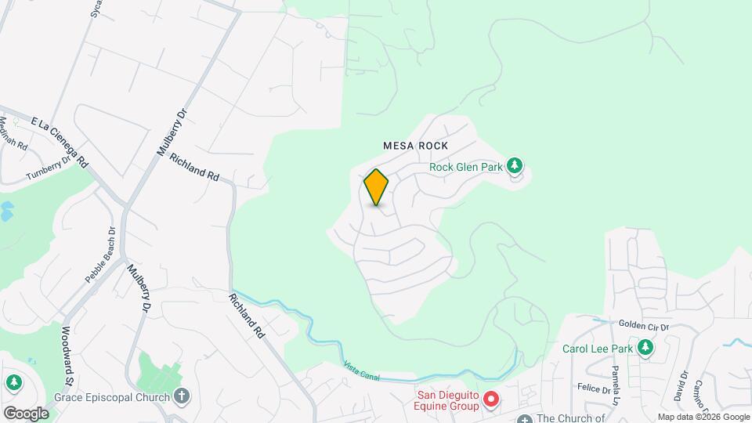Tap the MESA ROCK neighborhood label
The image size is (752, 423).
415,146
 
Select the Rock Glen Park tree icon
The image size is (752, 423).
514,165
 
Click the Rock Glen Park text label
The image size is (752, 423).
465,166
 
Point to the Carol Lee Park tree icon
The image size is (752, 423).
645,348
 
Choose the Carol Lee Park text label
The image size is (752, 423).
598,349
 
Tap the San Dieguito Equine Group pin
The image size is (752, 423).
491,400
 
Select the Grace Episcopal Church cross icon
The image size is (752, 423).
182,396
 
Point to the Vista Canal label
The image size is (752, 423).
361,372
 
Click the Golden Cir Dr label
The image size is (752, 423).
644,325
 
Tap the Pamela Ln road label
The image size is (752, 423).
617,378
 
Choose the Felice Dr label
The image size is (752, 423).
593,389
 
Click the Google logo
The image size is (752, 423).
26,413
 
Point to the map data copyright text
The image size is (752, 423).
703,417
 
